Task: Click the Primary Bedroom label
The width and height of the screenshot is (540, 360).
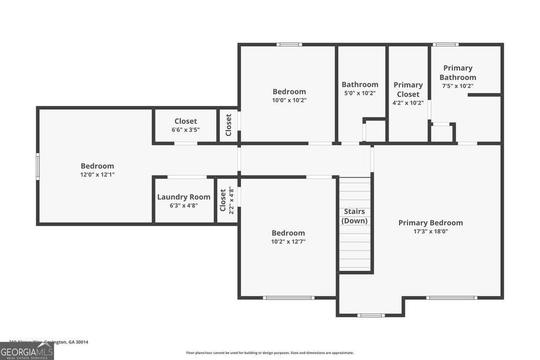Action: [430, 222]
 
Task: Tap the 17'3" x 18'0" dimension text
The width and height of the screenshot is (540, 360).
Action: [430, 231]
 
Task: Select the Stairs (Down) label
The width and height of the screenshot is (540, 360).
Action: [354, 216]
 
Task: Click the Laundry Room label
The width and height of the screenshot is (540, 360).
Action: [184, 197]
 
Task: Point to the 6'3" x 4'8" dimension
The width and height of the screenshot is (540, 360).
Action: [184, 206]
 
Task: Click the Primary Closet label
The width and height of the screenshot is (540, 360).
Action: [408, 89]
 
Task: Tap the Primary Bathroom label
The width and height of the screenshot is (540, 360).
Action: [458, 73]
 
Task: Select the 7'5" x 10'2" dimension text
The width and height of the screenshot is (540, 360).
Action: [458, 86]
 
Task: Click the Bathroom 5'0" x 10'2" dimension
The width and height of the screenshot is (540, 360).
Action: [360, 93]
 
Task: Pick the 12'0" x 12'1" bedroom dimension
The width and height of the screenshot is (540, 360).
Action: [97, 174]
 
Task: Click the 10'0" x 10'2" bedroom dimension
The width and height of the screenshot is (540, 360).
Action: [289, 100]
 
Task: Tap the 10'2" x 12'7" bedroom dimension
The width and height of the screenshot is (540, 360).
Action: [288, 242]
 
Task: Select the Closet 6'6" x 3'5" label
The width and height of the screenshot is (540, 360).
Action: [186, 121]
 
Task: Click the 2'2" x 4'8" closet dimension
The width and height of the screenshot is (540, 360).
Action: [231, 200]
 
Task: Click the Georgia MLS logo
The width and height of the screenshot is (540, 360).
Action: [27, 351]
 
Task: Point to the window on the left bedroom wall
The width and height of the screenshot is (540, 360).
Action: [37, 167]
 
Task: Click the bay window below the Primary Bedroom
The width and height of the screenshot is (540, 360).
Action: [371, 315]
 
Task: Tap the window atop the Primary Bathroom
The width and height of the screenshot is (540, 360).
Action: [446, 44]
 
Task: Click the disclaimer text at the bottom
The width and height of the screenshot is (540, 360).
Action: [269, 353]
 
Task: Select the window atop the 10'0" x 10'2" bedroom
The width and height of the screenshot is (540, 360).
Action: [289, 44]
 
